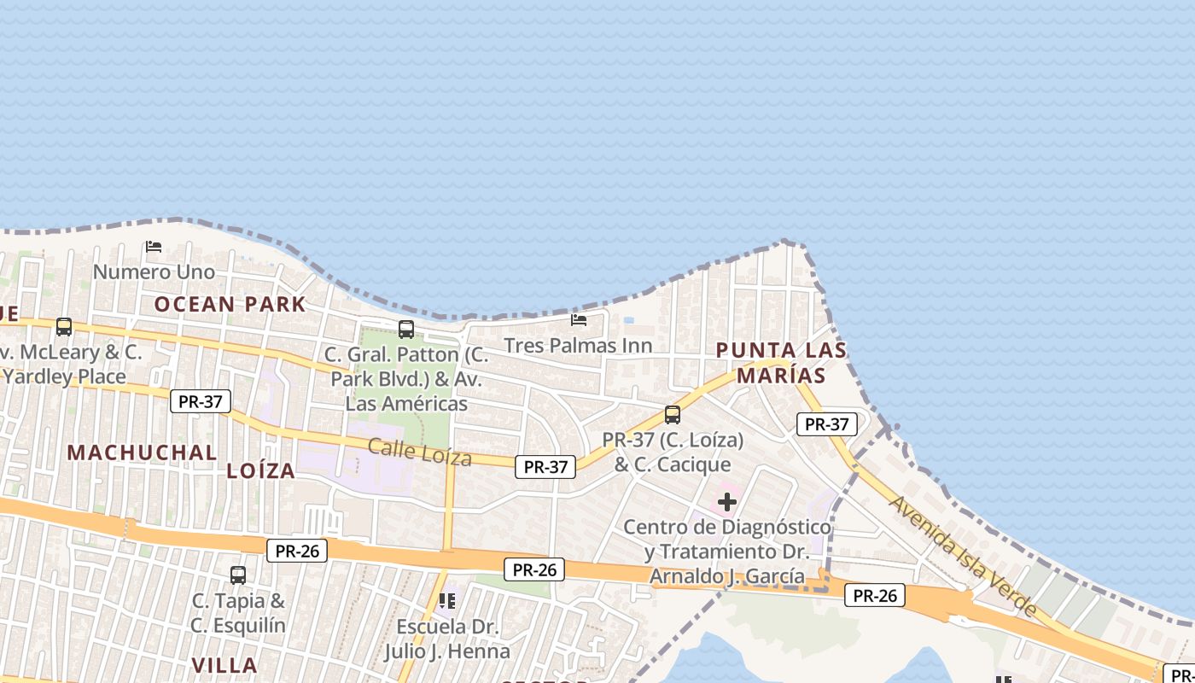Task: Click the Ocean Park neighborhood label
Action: pos(230,304)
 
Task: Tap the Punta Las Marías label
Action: pos(781,362)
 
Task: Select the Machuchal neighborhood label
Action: pos(142,452)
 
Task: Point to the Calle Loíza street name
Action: pos(419,452)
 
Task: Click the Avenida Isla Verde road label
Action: pos(963,556)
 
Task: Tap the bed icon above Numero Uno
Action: pos(154,247)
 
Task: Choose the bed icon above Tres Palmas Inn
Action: pos(579,320)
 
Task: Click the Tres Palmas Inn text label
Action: pos(578,346)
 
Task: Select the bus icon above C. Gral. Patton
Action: pos(406,329)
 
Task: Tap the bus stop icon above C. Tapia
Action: pos(238,575)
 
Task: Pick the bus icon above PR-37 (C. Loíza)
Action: pos(673,415)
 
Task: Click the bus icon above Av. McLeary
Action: pos(64,326)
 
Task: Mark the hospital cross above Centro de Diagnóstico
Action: pos(727,502)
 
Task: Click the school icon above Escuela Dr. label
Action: pos(447,601)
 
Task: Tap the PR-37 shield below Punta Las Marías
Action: pos(826,423)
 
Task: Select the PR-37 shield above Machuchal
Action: pos(201,400)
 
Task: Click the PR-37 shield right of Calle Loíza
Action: pos(545,466)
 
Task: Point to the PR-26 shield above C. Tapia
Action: pos(297,551)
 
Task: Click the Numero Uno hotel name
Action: pos(154,272)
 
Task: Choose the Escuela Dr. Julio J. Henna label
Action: pos(447,639)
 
